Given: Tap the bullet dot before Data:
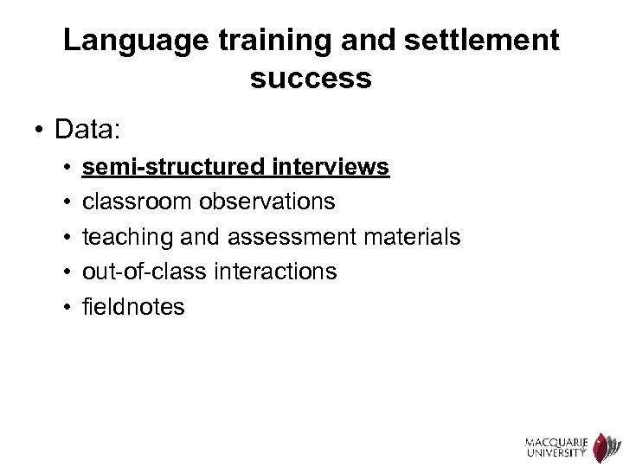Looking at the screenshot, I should [38, 131].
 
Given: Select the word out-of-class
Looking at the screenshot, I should [142, 272].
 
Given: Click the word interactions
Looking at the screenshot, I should [273, 272].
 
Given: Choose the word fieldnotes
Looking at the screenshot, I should [133, 307].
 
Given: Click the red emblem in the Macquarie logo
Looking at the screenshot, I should [602, 442].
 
